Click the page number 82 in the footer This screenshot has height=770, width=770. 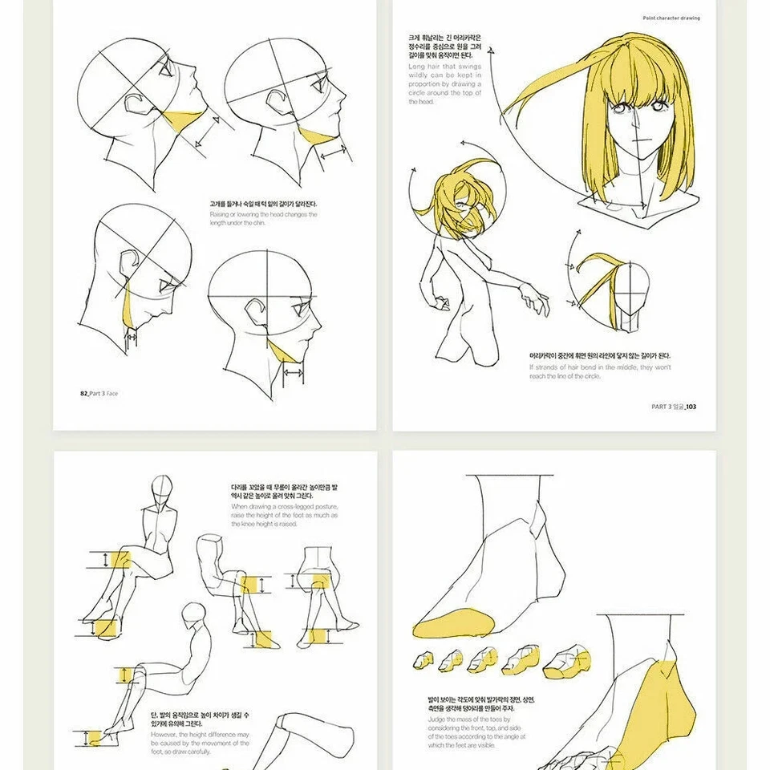83,393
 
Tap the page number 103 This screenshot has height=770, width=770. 690,407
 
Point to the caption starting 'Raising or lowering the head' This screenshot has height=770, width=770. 263,218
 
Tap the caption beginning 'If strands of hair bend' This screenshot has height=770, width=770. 599,371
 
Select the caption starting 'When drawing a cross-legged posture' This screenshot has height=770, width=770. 284,515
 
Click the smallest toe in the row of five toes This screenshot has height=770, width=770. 423,661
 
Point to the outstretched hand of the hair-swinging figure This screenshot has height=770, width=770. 536,303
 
